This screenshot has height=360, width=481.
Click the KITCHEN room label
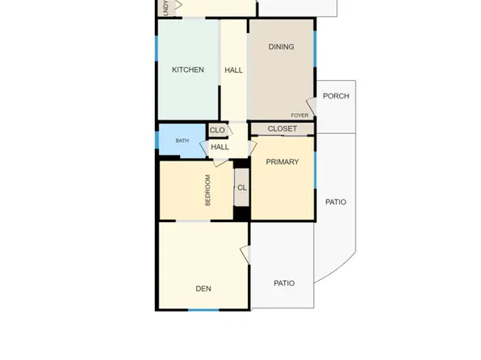pyautogui.click(x=187, y=70)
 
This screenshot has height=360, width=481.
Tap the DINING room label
pyautogui.click(x=281, y=47)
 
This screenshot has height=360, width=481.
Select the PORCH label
pyautogui.click(x=336, y=96)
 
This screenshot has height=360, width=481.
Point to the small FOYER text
pyautogui.click(x=299, y=115)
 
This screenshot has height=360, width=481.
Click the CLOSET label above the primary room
pyautogui.click(x=282, y=129)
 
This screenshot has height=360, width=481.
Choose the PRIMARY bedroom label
pyautogui.click(x=282, y=162)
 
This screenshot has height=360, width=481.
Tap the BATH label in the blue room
pyautogui.click(x=182, y=141)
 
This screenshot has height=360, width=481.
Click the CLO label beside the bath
pyautogui.click(x=217, y=131)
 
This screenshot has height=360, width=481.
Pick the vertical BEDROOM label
pyautogui.click(x=207, y=190)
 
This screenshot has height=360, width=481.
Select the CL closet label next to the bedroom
pyautogui.click(x=242, y=188)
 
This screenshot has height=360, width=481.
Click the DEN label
pyautogui.click(x=203, y=288)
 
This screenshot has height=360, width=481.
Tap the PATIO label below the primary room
pyautogui.click(x=283, y=283)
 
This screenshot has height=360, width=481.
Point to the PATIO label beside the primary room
pyautogui.click(x=336, y=203)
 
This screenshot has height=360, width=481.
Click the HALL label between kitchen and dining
pyautogui.click(x=233, y=71)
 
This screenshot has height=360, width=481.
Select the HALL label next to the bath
pyautogui.click(x=220, y=148)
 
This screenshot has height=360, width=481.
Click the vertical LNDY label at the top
pyautogui.click(x=165, y=7)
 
